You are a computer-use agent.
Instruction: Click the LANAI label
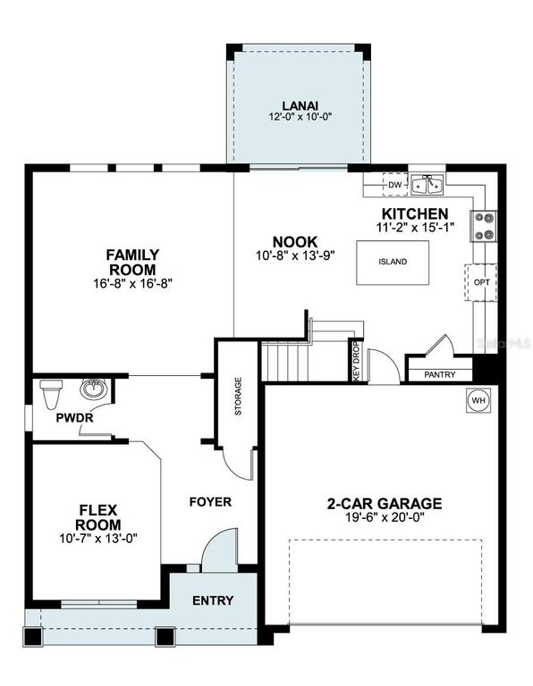pos(295,105)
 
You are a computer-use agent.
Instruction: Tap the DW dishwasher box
pos(394,185)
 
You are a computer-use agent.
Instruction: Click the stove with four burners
pos(483,225)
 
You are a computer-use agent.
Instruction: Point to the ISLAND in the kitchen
pos(392,262)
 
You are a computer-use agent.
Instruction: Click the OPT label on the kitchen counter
pos(480,283)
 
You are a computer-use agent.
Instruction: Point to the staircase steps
pos(288,362)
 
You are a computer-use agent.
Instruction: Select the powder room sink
pos(93,389)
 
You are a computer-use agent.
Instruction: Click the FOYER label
pos(210,502)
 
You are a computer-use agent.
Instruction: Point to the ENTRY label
pos(213,600)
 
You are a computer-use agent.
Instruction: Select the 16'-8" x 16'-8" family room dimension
pos(131,283)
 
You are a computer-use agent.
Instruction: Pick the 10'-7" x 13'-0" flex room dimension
pos(99,538)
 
